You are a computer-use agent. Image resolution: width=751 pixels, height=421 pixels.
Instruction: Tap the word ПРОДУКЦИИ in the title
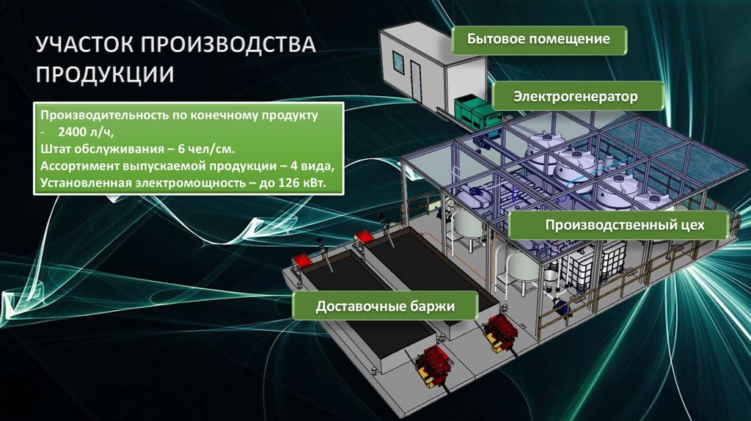[x=106, y=74]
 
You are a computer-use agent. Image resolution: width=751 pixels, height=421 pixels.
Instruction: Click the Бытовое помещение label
[x=539, y=40]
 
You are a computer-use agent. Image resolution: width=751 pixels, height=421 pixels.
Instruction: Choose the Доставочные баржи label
[x=386, y=305]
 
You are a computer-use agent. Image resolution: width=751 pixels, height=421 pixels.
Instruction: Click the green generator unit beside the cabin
[x=477, y=109]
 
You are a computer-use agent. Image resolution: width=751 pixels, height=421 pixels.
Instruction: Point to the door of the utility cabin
[x=416, y=80]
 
